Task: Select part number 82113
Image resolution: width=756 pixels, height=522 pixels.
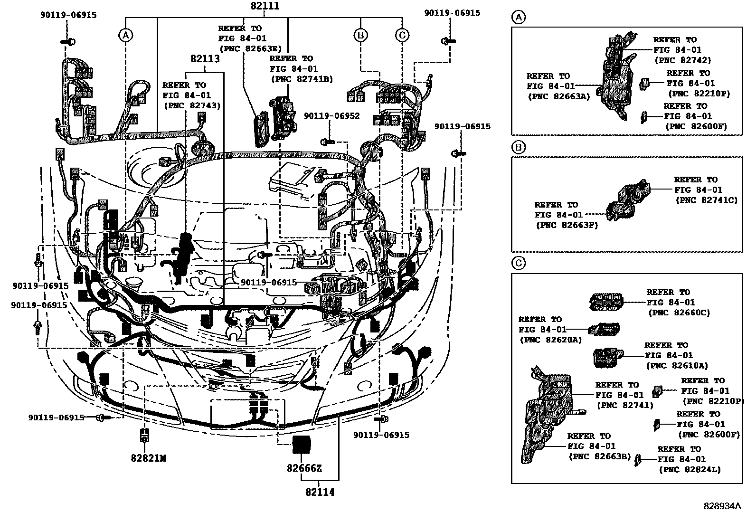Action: pos(205,59)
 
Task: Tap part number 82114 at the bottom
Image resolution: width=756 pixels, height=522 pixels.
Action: pos(320,493)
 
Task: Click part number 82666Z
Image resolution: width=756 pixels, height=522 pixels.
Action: pos(304,468)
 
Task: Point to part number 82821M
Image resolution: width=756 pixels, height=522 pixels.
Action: pos(148,458)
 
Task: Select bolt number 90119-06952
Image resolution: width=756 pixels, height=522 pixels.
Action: pos(331,116)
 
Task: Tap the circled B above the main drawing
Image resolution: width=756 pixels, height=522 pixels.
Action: pos(360,35)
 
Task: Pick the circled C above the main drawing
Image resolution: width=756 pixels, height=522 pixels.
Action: pos(402,35)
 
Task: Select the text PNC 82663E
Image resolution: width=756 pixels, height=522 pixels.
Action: pos(250,48)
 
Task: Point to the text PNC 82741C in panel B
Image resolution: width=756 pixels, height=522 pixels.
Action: pos(706,200)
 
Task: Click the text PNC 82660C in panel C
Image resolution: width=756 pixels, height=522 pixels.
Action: pos(679,313)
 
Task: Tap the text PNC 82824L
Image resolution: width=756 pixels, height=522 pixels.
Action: pos(689,470)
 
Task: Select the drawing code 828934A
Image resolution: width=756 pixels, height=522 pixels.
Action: pos(722,506)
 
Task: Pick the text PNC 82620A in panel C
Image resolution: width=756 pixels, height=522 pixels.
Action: pos(550,340)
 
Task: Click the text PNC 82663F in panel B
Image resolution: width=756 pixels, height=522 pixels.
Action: pos(567,226)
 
